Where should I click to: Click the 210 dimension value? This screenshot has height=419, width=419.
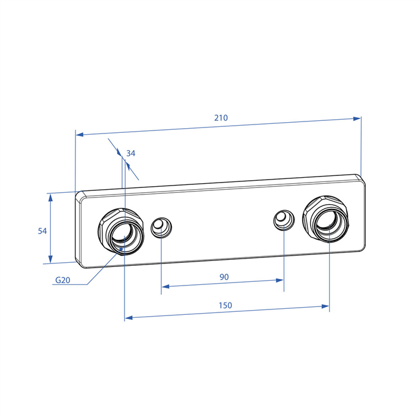pos(221,118)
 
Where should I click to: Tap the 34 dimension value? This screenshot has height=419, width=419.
pos(130,153)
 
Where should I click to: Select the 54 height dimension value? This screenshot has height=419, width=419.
pos(42,231)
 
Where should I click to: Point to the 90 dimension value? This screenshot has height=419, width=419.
pos(224,277)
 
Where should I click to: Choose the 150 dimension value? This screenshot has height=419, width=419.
pos(225,305)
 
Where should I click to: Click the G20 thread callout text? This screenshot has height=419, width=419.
pos(63,280)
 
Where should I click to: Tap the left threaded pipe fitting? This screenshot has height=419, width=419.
pos(121,232)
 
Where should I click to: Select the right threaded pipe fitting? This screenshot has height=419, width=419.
pos(326,219)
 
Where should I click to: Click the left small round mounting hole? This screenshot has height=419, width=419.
pos(161,227)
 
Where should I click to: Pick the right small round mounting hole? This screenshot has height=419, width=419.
pos(284,220)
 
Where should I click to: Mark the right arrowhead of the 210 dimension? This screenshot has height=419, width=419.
pos(357,119)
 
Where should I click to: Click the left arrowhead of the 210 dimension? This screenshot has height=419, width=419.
pos(80,134)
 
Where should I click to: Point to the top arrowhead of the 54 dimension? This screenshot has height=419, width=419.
pos(50,198)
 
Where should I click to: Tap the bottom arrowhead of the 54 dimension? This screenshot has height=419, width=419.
pos(50,259)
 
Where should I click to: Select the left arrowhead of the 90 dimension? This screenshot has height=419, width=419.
pos(166,287)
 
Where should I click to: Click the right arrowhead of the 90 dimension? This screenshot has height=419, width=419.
pos(280,280)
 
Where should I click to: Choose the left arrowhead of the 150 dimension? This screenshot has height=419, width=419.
pos(129,318)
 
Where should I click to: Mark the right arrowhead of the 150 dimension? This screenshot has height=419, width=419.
pos(325,306)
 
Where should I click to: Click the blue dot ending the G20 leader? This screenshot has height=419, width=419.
pos(121,249)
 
